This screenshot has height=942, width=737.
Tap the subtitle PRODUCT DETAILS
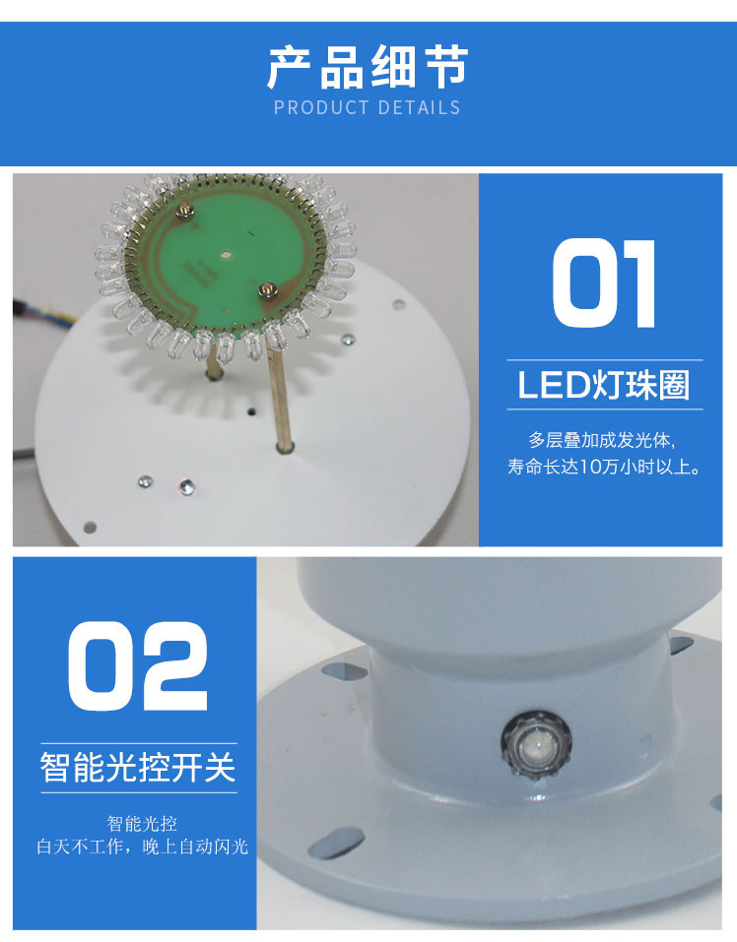click(367, 107)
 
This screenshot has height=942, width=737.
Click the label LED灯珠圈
click(603, 385)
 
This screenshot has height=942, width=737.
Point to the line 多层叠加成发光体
click(603, 439)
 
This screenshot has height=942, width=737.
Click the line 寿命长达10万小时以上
click(604, 467)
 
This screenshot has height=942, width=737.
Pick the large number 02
click(138, 665)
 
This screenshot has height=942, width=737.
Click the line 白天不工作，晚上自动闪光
click(142, 847)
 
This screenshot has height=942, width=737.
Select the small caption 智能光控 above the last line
click(142, 823)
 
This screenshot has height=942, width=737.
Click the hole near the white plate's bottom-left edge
click(90, 526)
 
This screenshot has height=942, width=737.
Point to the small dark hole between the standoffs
click(252, 410)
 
